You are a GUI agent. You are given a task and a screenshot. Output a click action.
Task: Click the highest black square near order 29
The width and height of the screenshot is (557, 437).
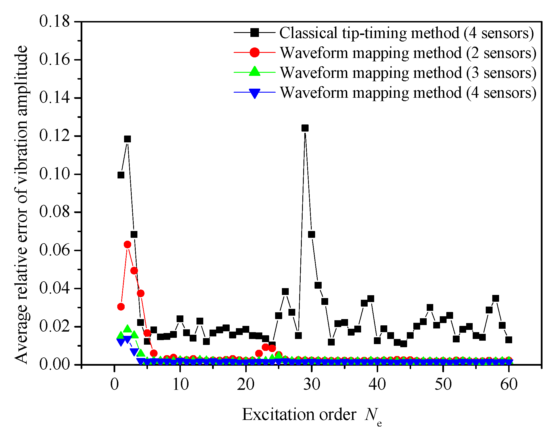click(x=305, y=128)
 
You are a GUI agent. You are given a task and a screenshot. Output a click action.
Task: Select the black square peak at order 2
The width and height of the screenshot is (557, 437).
click(x=127, y=139)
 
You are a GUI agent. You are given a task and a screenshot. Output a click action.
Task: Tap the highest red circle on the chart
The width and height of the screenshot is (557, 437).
click(x=127, y=244)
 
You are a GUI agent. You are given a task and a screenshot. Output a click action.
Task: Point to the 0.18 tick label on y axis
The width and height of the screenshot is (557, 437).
click(x=54, y=21)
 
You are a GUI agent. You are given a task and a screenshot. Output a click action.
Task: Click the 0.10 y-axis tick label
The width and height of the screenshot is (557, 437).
click(x=54, y=174)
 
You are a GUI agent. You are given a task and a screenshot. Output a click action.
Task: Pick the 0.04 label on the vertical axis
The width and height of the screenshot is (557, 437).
click(x=54, y=288)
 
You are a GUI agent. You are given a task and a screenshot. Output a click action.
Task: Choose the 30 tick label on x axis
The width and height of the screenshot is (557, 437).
click(x=311, y=384)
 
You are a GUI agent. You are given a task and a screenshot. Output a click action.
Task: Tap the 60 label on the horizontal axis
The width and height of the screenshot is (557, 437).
click(x=508, y=384)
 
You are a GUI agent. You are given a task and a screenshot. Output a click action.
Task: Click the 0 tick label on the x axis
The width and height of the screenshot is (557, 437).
click(x=114, y=384)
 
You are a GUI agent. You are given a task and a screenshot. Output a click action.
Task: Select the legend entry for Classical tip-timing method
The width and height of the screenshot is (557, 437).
click(x=406, y=33)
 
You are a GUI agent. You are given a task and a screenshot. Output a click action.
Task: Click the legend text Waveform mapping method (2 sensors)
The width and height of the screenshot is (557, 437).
click(x=408, y=53)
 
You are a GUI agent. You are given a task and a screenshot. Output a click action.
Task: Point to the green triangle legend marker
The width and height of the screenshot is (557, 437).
click(x=255, y=71)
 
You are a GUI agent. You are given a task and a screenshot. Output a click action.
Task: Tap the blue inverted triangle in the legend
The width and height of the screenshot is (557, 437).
click(x=255, y=93)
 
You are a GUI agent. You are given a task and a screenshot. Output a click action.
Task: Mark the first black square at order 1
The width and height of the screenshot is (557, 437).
click(x=121, y=175)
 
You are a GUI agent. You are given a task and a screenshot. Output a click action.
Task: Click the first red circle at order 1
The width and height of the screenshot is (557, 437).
click(x=121, y=307)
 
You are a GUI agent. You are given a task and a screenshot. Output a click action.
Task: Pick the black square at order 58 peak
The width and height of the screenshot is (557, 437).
click(x=496, y=298)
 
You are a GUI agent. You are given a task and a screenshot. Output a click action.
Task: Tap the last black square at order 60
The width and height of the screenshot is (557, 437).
click(x=508, y=340)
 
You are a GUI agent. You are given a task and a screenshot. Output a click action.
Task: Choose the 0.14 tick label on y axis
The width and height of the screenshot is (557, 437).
click(x=54, y=98)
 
